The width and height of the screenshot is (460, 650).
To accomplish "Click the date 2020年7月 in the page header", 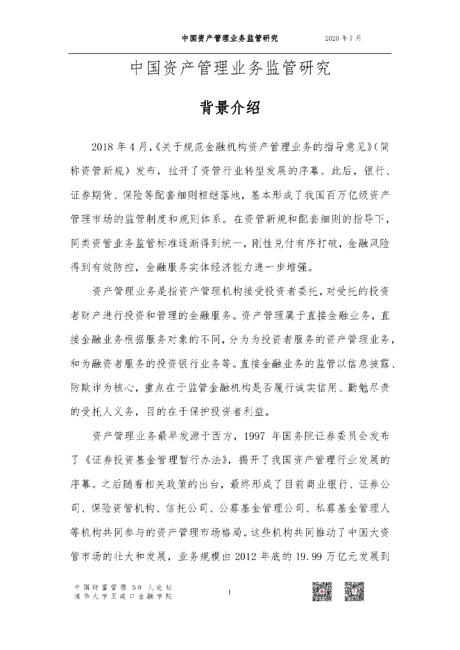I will [342, 38].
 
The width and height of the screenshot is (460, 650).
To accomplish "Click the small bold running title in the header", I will [229, 38].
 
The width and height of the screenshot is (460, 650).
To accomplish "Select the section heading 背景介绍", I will [230, 107].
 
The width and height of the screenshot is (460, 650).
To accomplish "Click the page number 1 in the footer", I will [230, 593].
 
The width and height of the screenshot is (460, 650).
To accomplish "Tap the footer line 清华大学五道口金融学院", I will [123, 597].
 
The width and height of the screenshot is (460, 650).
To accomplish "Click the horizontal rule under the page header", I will [230, 54].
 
